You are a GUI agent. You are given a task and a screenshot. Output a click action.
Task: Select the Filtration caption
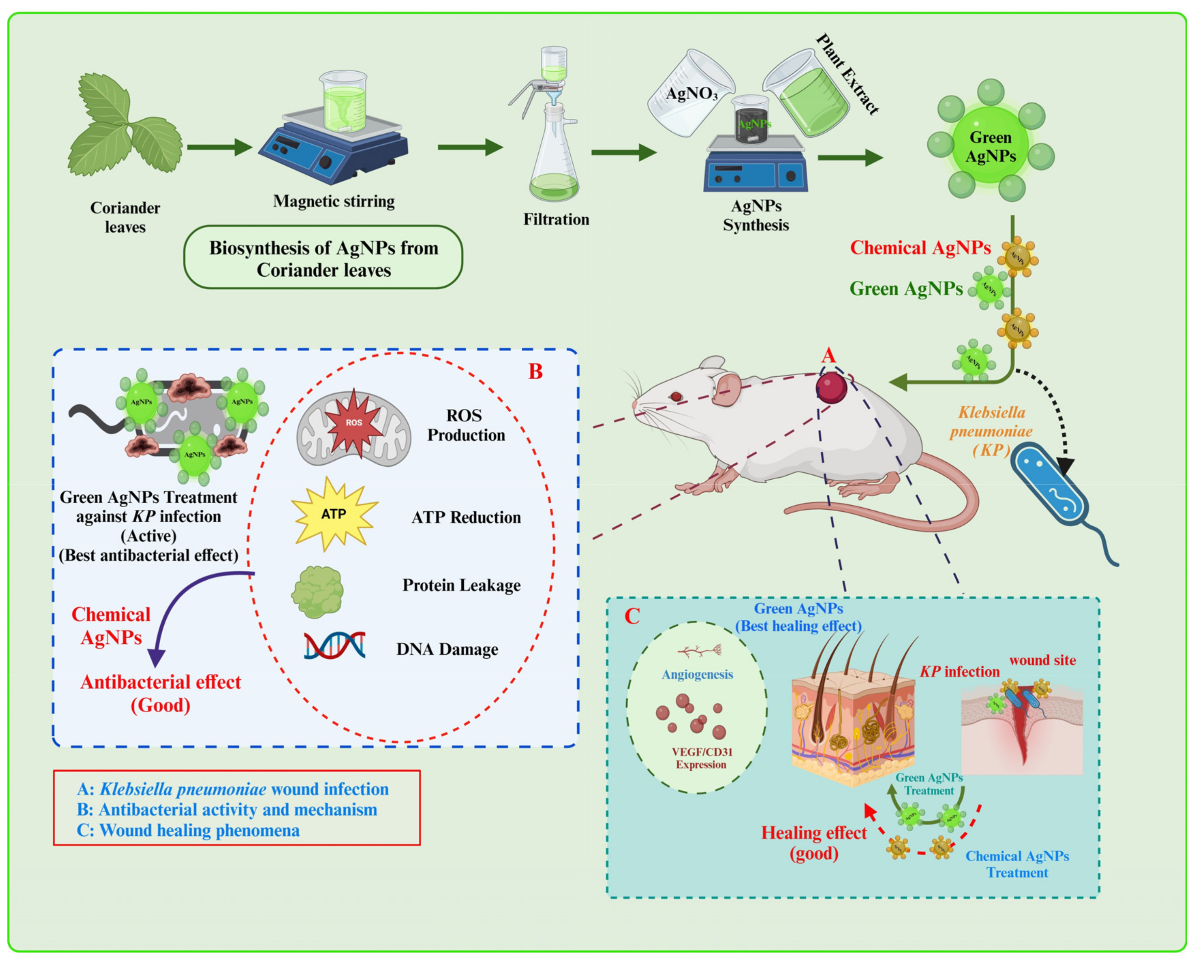coord(556,219)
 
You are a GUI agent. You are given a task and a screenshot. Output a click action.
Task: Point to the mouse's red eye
coord(676,396)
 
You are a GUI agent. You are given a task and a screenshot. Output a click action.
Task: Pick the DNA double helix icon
coord(334,645)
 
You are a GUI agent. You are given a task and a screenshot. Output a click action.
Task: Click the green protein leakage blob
coord(317,592)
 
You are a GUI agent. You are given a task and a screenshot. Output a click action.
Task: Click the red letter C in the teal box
coord(632,616)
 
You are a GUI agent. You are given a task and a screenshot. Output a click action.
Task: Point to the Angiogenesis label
coord(697,674)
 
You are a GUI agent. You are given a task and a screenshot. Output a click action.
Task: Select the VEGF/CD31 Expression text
coord(701,758)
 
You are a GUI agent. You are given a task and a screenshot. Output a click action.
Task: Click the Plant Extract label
coord(847,74)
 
